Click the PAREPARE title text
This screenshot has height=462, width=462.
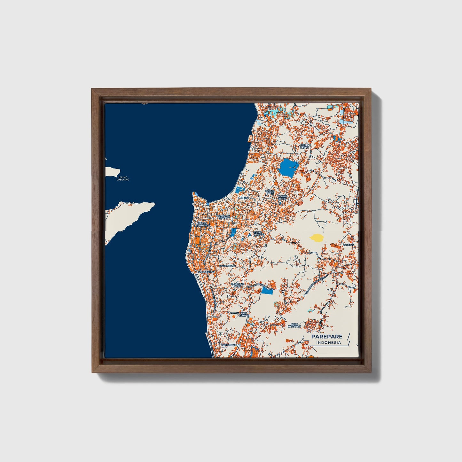[x=327, y=336]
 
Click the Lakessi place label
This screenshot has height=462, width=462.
[x=243, y=198]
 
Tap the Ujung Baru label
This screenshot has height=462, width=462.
[x=270, y=192]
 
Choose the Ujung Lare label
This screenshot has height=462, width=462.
[x=282, y=197]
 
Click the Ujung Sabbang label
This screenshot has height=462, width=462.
[x=203, y=224]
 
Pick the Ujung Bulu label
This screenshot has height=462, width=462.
[x=258, y=233]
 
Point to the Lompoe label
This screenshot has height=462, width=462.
[x=348, y=245]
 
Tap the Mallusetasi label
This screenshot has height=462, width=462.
[x=206, y=272]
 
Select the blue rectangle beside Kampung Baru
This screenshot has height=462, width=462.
[x=267, y=291]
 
